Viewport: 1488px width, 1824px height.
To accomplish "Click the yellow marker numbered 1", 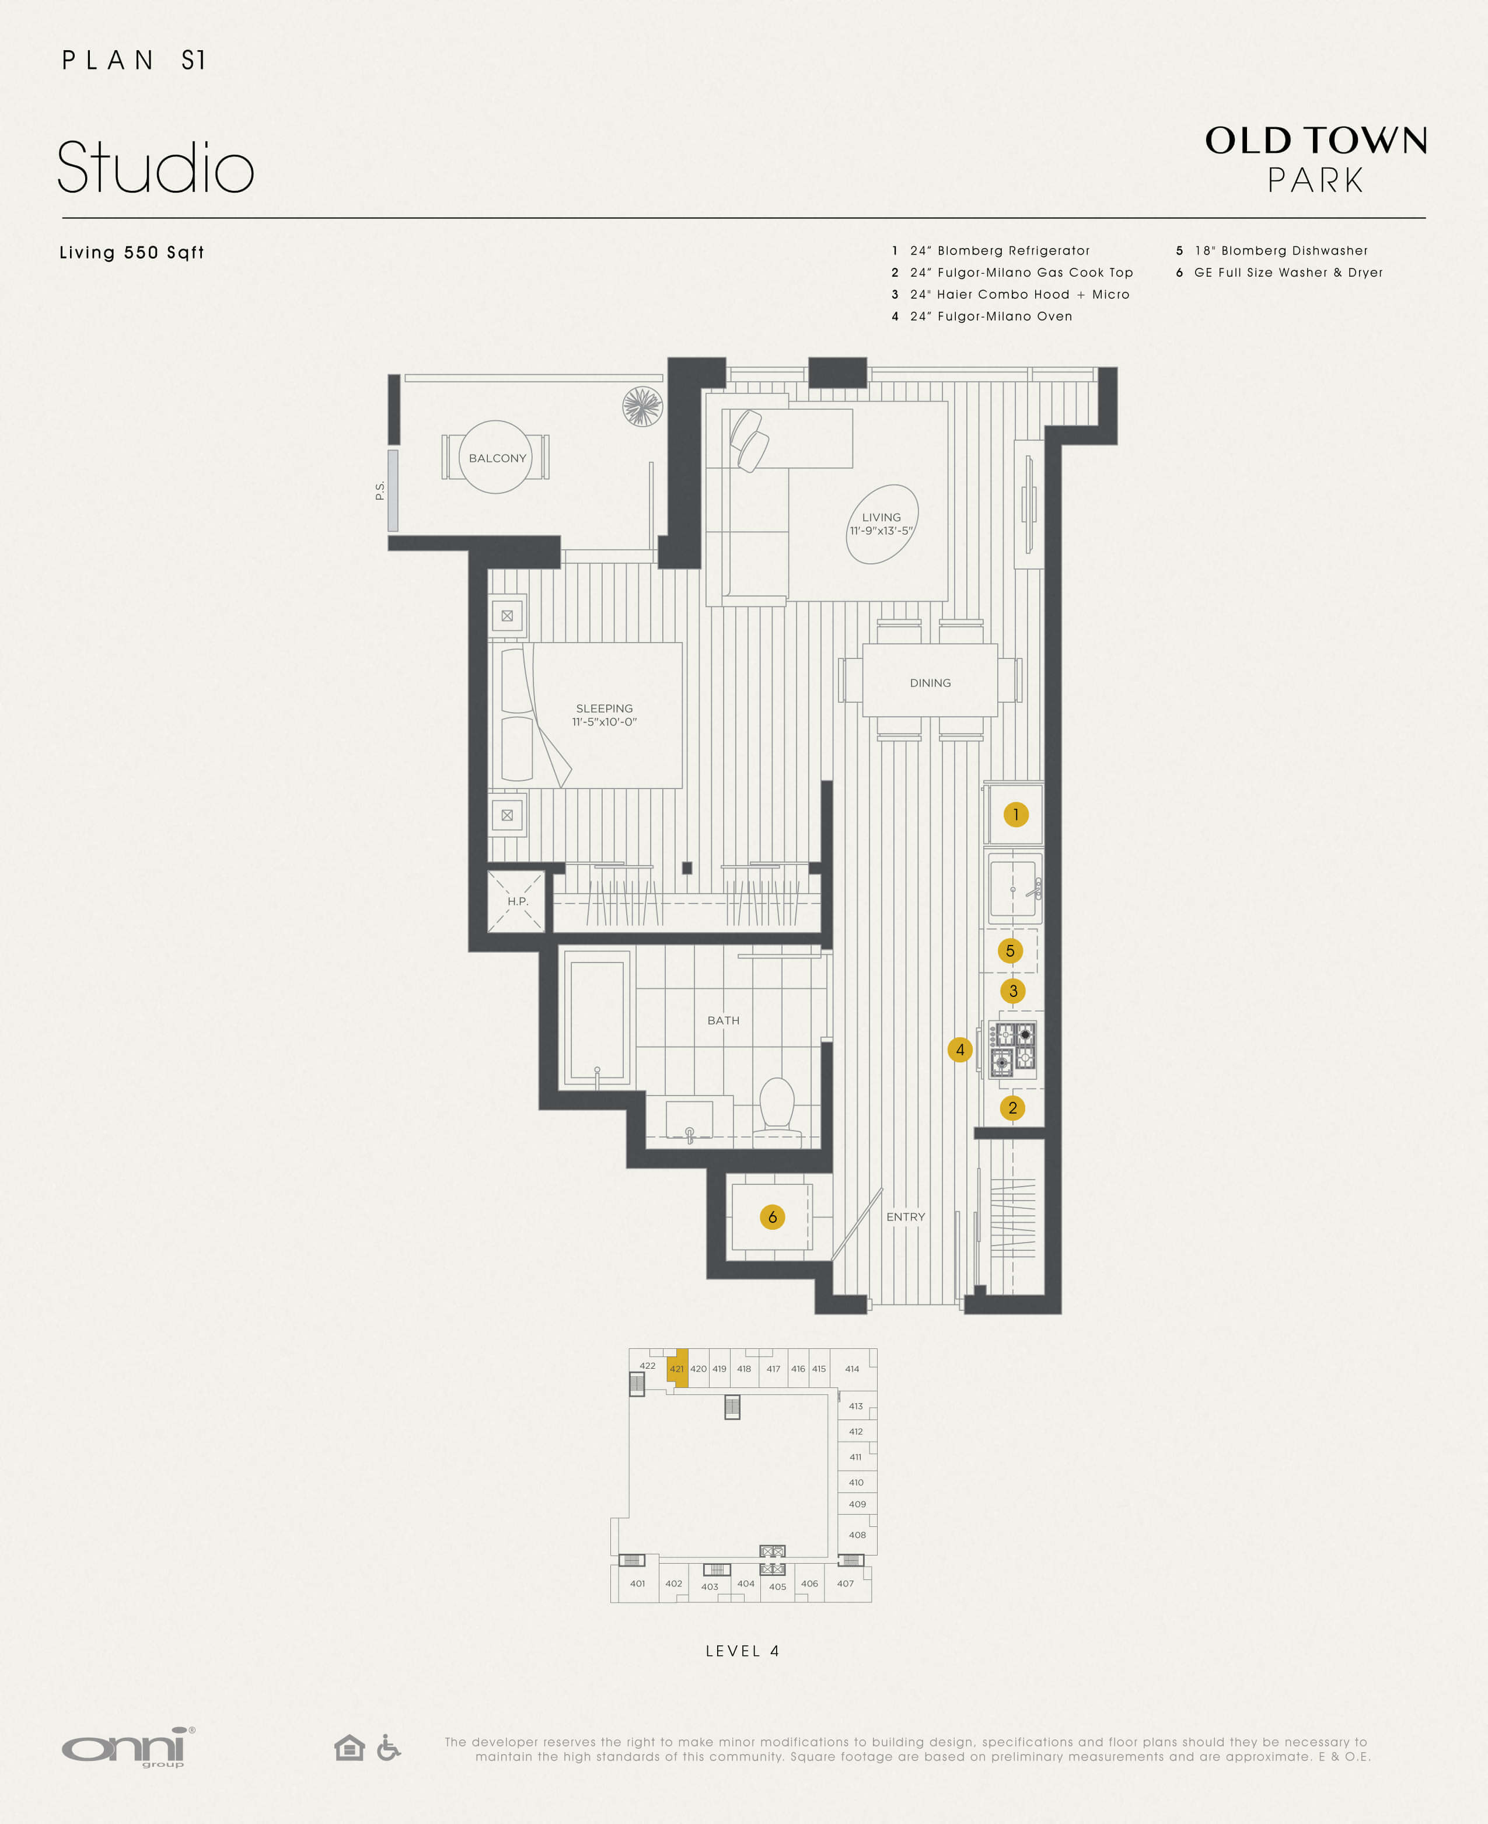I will click(x=1016, y=814).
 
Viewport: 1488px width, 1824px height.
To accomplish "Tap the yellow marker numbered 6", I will click(x=772, y=1216).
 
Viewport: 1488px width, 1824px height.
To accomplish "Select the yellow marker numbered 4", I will click(x=960, y=1049).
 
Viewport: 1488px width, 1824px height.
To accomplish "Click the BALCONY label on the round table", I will click(x=497, y=458).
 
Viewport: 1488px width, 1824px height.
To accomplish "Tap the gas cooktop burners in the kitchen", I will click(x=1013, y=1049).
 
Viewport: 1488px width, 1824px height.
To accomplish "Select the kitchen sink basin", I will click(x=1012, y=889).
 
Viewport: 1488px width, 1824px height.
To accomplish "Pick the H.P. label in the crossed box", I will click(x=517, y=901).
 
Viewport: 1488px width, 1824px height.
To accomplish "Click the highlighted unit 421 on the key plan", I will click(x=677, y=1369).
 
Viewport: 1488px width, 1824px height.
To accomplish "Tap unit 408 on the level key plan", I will click(x=857, y=1535).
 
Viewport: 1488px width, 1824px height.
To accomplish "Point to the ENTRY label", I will click(x=905, y=1216).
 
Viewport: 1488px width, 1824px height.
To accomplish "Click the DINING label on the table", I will click(x=930, y=682).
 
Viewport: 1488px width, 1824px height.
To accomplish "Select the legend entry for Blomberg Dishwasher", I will click(x=1281, y=250).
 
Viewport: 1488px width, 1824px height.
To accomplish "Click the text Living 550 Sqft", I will click(x=131, y=252).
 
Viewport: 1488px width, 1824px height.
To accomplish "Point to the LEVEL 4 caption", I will click(x=742, y=1651).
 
